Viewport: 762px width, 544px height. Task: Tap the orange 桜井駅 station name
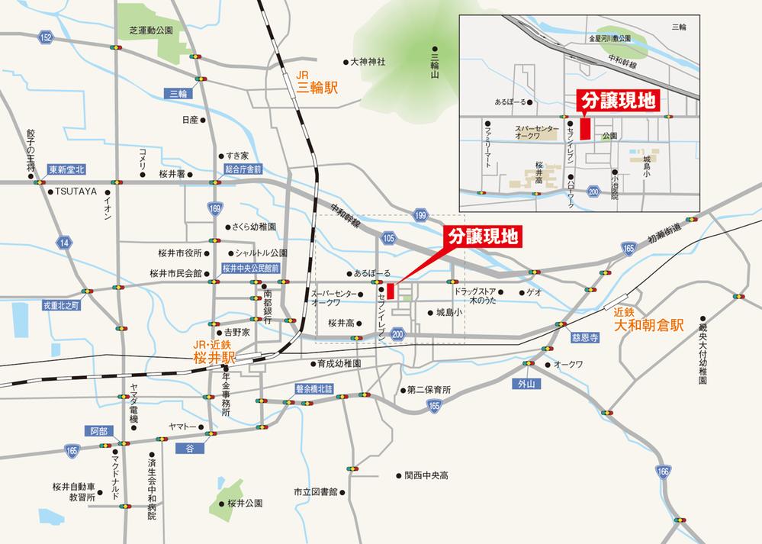pos(217,356)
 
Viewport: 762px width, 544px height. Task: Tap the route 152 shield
pos(47,37)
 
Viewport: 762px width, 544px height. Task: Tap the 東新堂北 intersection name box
pos(66,170)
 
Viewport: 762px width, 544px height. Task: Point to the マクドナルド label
pos(115,476)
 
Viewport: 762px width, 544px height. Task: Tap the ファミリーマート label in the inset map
pos(486,146)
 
